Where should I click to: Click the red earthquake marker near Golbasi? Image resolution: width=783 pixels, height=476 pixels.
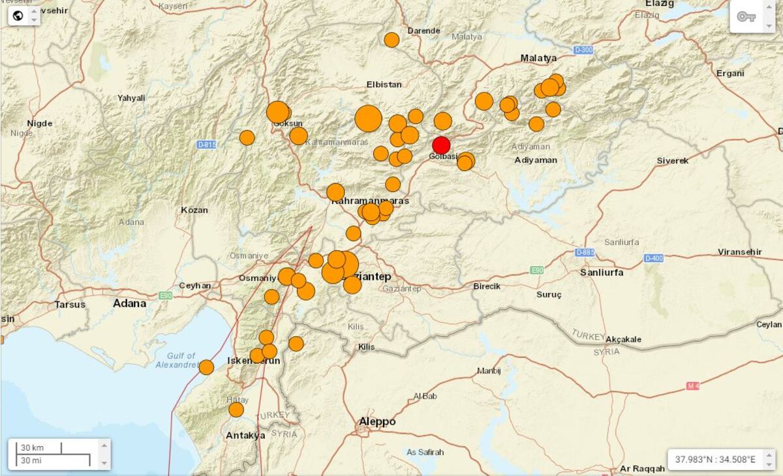442,145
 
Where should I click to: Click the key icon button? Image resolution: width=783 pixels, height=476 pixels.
746,17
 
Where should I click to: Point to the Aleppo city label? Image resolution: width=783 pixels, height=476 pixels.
377,422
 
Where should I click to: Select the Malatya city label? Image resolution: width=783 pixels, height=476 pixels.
538,58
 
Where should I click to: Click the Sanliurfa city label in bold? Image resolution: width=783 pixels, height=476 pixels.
601,272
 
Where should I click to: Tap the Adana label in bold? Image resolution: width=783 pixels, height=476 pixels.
129,303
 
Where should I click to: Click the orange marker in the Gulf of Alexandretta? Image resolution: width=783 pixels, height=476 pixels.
206,367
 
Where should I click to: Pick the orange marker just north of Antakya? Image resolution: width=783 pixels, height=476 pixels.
236,409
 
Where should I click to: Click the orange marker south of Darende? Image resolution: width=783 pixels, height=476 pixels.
391,40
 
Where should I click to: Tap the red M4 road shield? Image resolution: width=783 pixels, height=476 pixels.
693,386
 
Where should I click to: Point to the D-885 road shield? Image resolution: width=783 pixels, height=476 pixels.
584,252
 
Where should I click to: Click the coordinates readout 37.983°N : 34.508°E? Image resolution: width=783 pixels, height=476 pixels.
715,460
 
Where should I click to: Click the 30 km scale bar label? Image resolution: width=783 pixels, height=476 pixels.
33,448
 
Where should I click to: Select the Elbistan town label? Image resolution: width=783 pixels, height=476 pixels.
384,84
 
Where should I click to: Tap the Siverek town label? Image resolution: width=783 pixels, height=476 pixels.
673,160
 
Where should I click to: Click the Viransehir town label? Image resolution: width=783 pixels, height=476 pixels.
739,252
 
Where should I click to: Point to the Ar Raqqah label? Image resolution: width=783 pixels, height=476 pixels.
643,468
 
